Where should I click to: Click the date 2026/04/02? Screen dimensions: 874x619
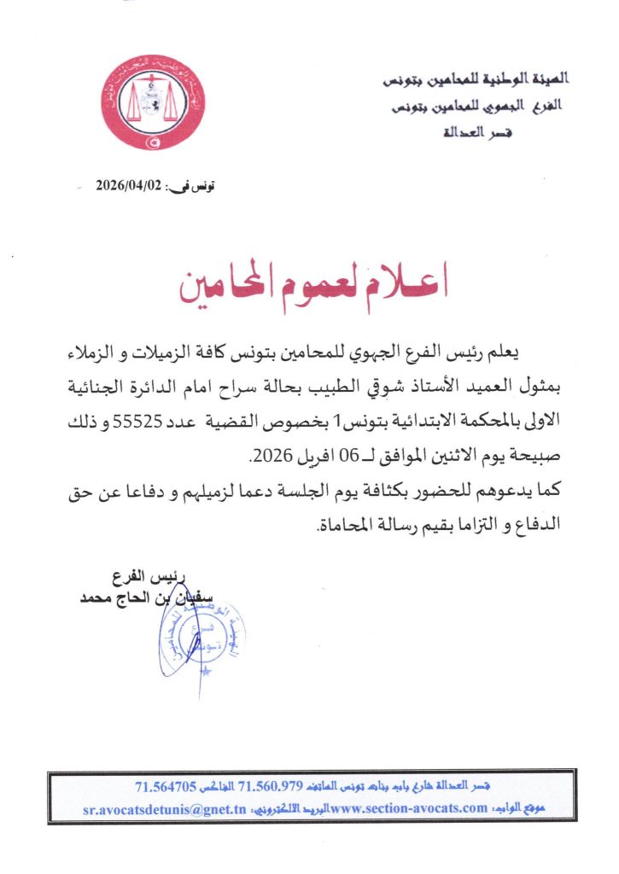pos(129,184)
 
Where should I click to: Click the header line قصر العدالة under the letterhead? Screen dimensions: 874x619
pos(479,134)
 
